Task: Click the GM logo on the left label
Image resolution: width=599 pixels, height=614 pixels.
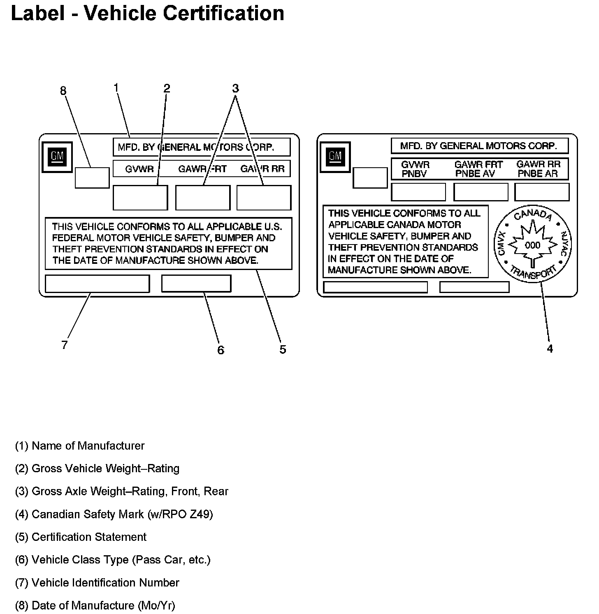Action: pyautogui.click(x=57, y=157)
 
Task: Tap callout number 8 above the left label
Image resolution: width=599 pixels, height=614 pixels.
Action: pyautogui.click(x=63, y=91)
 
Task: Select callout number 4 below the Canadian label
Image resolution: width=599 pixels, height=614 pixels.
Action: pyautogui.click(x=550, y=349)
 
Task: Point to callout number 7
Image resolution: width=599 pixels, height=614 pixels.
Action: pyautogui.click(x=65, y=345)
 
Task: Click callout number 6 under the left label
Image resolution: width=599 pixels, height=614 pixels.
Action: pyautogui.click(x=221, y=350)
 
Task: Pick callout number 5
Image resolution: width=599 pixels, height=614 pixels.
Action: pyautogui.click(x=283, y=350)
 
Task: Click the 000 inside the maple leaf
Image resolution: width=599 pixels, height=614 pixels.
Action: pyautogui.click(x=533, y=245)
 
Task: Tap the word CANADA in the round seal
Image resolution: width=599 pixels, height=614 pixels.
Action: pyautogui.click(x=533, y=215)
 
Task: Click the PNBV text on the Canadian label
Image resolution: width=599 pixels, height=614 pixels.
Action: pyautogui.click(x=414, y=174)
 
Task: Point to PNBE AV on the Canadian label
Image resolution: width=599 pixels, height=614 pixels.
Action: pyautogui.click(x=475, y=174)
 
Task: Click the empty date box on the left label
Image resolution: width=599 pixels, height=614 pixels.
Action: pyautogui.click(x=92, y=178)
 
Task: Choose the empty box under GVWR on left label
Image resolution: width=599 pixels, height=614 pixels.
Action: pyautogui.click(x=140, y=198)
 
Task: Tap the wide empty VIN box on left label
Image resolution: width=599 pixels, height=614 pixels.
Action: pyautogui.click(x=97, y=284)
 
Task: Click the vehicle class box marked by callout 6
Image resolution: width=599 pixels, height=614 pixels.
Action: pyautogui.click(x=196, y=284)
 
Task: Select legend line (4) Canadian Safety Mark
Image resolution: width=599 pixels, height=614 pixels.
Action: pyautogui.click(x=114, y=514)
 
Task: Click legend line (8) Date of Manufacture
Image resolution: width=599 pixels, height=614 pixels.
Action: pyautogui.click(x=95, y=605)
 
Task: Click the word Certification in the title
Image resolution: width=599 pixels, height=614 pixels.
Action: pyautogui.click(x=224, y=13)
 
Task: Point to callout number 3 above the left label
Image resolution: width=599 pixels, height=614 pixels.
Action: pyautogui.click(x=235, y=88)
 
